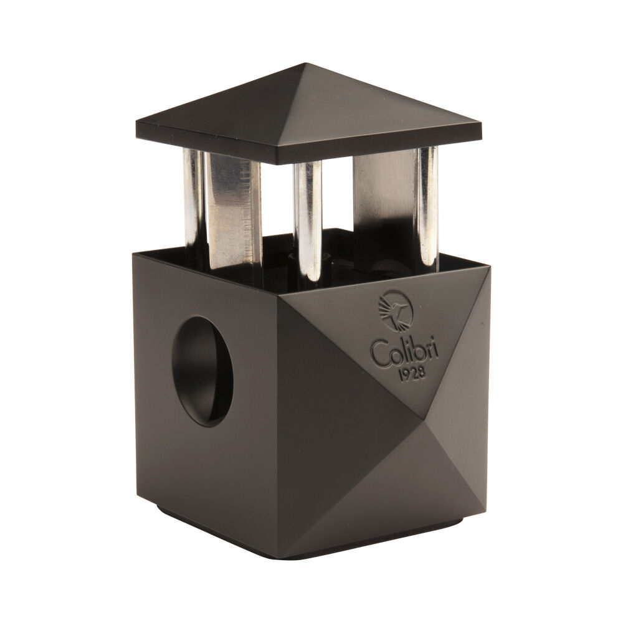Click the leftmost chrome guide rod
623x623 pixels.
point(193,199)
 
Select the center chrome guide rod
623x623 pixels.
point(308,218)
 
